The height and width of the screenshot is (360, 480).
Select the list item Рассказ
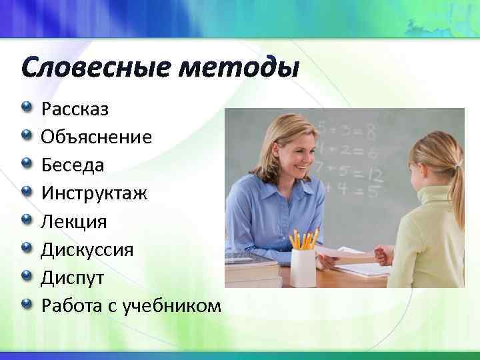point(75,109)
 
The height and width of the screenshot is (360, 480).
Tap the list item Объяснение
point(96,137)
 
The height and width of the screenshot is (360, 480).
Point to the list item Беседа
point(72,165)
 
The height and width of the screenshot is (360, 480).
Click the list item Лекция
point(73,221)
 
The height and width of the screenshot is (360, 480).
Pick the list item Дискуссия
point(87,249)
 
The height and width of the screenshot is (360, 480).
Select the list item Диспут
point(71,277)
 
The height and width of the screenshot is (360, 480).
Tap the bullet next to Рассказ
point(26,107)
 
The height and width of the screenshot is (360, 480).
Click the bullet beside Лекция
point(26,219)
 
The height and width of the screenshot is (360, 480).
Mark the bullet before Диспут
point(26,275)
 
